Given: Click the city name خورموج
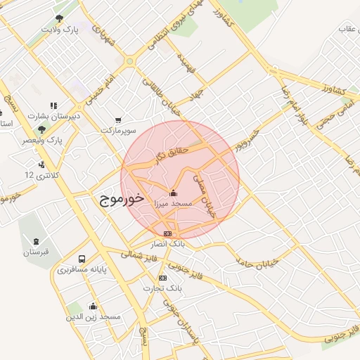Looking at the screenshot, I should pos(118,199).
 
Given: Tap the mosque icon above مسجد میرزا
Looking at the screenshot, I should pos(174,193).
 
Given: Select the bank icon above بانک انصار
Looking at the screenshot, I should pos(167,233).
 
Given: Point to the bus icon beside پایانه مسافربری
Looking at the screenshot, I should pos(82,259).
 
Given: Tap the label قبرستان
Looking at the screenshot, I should pos(36,251).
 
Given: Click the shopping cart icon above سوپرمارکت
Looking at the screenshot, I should pos(117,120).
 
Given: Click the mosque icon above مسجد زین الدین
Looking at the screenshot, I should pos(93,306).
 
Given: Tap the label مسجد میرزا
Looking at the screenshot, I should pos(173,202).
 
